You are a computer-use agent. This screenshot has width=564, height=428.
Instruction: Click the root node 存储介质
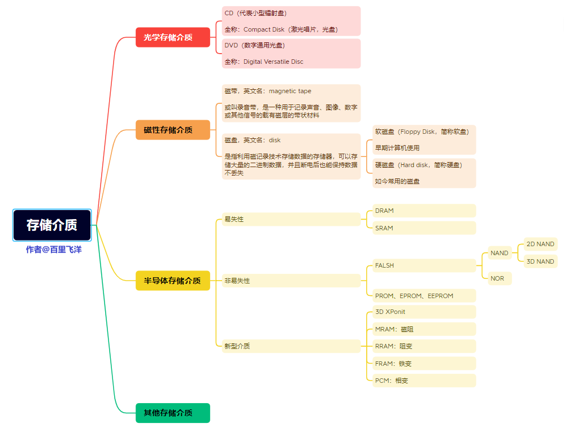pyautogui.click(x=52, y=225)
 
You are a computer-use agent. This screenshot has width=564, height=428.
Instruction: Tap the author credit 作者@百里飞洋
pyautogui.click(x=54, y=249)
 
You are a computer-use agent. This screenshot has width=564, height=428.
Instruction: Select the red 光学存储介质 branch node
pyautogui.click(x=173, y=37)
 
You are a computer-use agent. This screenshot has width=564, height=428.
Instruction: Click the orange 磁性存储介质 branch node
pyautogui.click(x=173, y=130)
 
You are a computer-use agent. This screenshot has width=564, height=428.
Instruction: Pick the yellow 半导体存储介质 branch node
pyautogui.click(x=173, y=281)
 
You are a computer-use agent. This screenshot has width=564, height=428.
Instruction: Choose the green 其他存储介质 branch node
pyautogui.click(x=173, y=413)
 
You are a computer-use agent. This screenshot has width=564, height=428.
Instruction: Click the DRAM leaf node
pyautogui.click(x=424, y=211)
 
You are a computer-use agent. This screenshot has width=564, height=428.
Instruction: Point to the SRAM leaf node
pyautogui.click(x=424, y=228)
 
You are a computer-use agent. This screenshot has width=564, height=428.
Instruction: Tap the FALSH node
pyautogui.click(x=424, y=265)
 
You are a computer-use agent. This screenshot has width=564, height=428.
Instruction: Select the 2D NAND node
pyautogui.click(x=540, y=244)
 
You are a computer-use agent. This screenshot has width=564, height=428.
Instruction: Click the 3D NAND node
pyautogui.click(x=540, y=261)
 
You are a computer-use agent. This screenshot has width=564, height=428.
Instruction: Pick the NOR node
pyautogui.click(x=500, y=278)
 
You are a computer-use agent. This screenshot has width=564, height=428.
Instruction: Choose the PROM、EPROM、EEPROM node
pyautogui.click(x=424, y=296)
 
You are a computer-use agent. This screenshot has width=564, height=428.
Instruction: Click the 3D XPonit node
pyautogui.click(x=424, y=312)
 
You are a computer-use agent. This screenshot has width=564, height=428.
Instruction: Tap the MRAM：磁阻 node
pyautogui.click(x=424, y=329)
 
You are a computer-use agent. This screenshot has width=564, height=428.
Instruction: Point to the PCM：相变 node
pyautogui.click(x=424, y=381)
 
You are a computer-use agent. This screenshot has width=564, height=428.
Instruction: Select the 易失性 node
pyautogui.click(x=290, y=219)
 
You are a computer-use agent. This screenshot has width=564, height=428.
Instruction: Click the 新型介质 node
pyautogui.click(x=290, y=346)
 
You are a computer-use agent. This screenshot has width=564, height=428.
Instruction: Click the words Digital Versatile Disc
pyautogui.click(x=274, y=62)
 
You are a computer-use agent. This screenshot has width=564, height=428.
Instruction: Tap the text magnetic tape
pyautogui.click(x=290, y=91)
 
